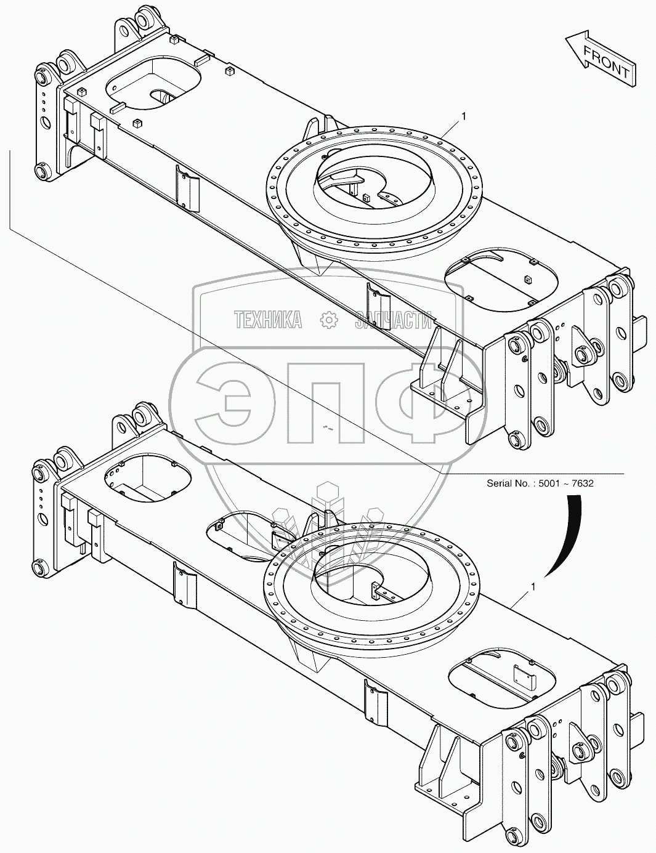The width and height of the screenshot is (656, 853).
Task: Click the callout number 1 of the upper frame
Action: [463, 116]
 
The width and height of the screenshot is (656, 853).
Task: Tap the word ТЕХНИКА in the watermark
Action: [268, 319]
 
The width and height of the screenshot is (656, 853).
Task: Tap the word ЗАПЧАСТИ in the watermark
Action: [394, 319]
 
